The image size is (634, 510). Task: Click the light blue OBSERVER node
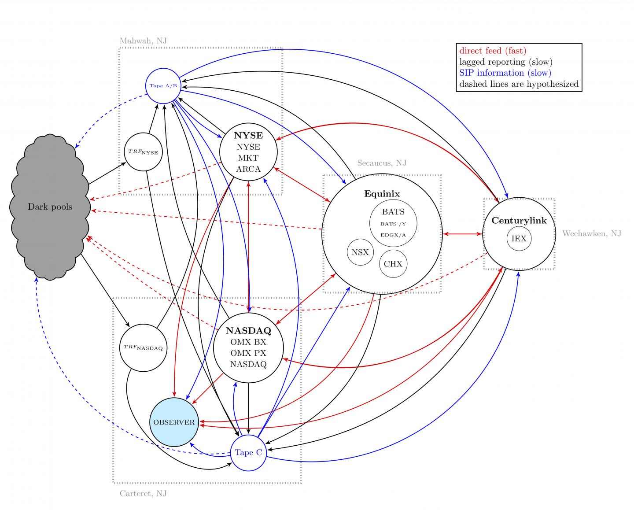174,422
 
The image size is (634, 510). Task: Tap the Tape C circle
248,452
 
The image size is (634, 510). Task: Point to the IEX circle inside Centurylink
519,239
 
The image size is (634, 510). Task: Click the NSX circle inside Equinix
360,252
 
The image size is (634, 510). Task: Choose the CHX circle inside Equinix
393,264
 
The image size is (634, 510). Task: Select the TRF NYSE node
143,152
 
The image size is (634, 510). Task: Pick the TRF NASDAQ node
143,348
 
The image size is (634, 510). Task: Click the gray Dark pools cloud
50,207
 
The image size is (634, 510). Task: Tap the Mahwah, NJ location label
143,41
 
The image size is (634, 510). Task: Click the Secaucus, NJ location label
381,163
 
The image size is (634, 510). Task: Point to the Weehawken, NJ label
591,233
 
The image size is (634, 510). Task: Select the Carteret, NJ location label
143,494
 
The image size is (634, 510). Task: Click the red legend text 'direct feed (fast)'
492,51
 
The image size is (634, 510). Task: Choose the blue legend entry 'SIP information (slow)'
505,73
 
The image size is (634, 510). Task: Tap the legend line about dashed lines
519,84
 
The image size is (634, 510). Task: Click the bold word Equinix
382,194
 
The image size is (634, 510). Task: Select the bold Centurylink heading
519,221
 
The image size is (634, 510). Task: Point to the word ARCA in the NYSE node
248,169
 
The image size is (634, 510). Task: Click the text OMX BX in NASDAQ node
248,342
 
